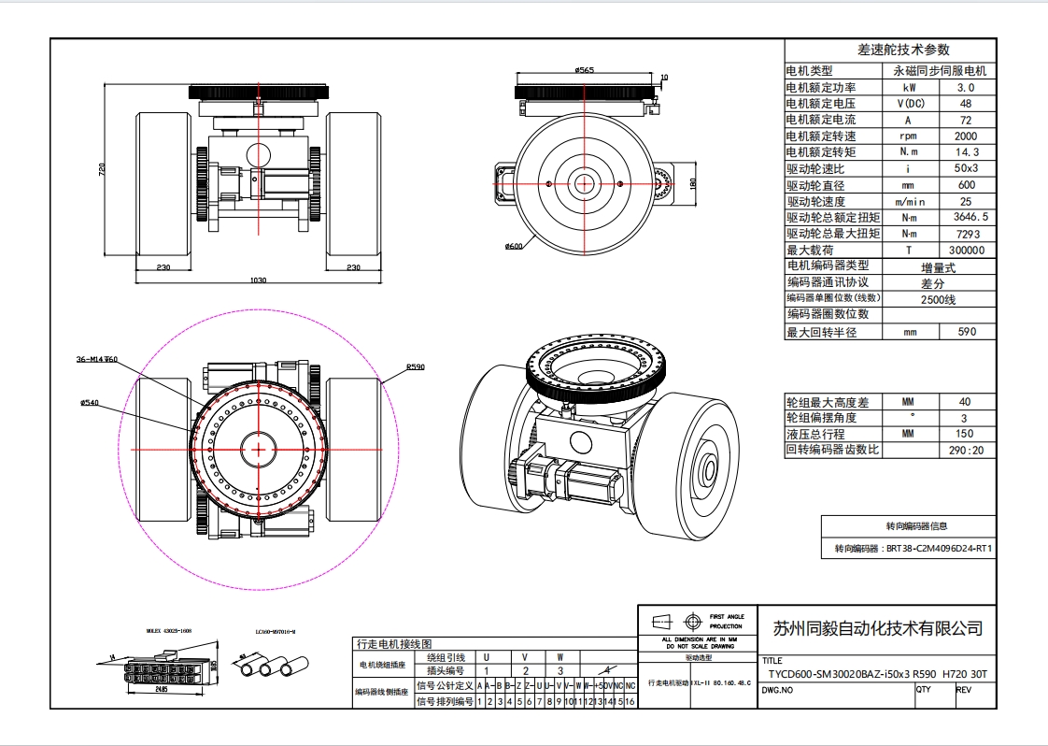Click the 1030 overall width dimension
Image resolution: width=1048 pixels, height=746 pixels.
tap(259, 280)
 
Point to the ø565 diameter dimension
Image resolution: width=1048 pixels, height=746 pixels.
tap(586, 70)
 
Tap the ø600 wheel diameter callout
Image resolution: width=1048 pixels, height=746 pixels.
tap(513, 247)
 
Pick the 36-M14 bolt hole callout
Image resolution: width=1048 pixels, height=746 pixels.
tap(95, 359)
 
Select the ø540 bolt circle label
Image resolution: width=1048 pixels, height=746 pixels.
tap(90, 403)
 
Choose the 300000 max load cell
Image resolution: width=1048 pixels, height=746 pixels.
tap(966, 251)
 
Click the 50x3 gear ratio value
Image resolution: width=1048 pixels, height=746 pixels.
tap(966, 168)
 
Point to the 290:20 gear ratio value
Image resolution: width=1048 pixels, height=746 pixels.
tap(966, 450)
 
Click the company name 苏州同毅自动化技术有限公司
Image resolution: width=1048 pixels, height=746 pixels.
tap(878, 627)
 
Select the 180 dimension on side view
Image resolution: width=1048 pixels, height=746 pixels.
tap(692, 182)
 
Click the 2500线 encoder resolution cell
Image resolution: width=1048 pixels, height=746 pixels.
tap(937, 300)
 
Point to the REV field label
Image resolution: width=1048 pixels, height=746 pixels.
tap(965, 691)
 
